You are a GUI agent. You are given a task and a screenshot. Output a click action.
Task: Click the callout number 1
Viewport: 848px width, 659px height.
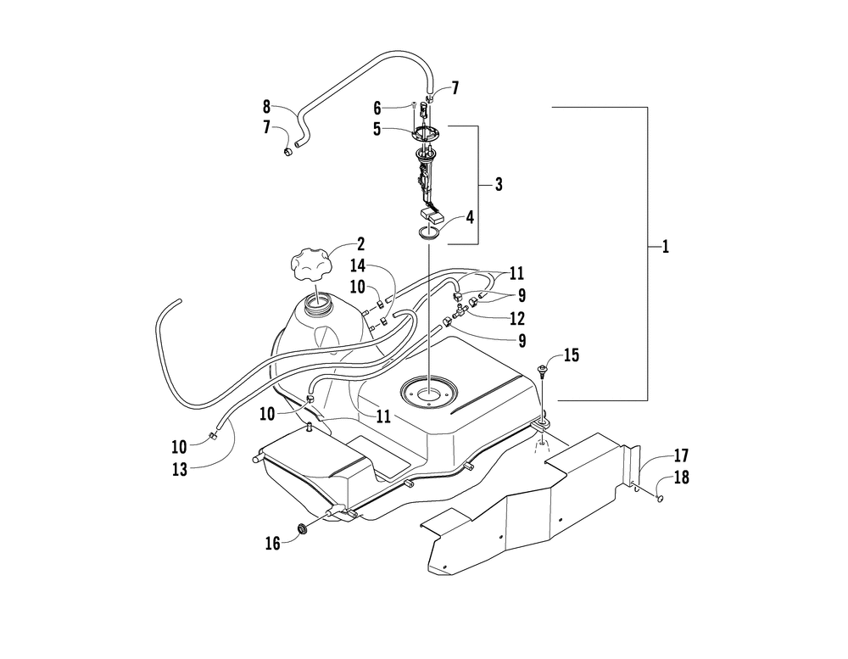point(666,247)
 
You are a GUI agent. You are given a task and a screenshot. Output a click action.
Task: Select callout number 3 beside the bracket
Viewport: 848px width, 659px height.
point(499,184)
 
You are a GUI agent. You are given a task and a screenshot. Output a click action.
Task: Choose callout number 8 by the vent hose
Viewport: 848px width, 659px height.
point(266,108)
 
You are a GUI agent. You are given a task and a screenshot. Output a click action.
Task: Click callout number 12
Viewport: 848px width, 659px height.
point(517,319)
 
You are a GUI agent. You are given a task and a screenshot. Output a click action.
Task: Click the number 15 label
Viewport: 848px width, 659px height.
point(572,355)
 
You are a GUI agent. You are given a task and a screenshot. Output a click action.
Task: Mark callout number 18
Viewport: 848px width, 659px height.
point(681,478)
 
